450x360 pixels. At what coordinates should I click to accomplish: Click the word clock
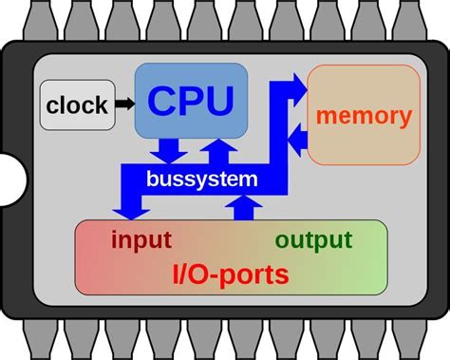click(x=75, y=104)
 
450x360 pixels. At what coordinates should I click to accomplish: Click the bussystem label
click(x=201, y=178)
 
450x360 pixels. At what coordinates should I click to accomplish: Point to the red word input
click(x=141, y=239)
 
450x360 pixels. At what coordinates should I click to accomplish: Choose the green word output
click(x=313, y=239)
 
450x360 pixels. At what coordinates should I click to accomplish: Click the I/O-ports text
click(x=231, y=275)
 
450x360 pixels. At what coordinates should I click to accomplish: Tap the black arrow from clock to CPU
click(x=123, y=104)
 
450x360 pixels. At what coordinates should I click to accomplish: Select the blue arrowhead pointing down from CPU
click(x=170, y=153)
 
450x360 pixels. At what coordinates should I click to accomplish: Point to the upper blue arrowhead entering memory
click(x=295, y=87)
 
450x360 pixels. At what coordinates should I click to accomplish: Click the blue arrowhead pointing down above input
click(x=124, y=206)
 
